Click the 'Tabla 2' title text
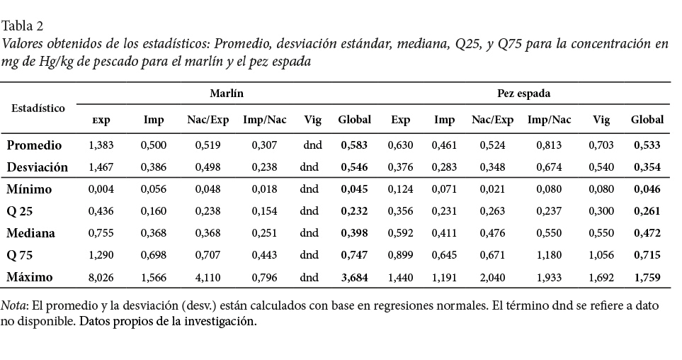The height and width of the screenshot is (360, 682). pos(23,26)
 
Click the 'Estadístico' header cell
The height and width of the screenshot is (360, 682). pos(38,108)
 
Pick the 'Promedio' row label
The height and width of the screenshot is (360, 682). pos(35,145)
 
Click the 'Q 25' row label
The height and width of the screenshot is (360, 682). pos(21,211)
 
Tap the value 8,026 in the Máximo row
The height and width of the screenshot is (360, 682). pos(100,278)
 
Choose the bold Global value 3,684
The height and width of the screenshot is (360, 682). pos(354,278)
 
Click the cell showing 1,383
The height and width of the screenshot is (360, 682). pos(100,145)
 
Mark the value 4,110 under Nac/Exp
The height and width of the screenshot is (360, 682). pos(208,278)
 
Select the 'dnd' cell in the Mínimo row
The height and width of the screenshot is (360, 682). pos(310,190)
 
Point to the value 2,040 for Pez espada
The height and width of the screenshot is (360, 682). pos(492,278)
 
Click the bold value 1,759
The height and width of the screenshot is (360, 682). pos(647,278)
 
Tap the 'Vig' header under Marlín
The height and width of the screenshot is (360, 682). pos(312,120)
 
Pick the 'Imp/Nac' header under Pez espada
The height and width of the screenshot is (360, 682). pos(549,120)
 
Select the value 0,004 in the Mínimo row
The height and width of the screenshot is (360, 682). pos(100,190)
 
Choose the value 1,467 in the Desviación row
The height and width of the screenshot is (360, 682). pos(100,168)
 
